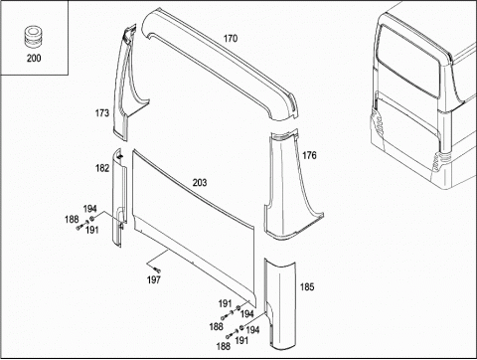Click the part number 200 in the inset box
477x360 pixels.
34,59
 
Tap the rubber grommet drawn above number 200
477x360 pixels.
33,38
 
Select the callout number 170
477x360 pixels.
231,39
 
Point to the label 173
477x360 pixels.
102,113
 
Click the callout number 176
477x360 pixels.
309,155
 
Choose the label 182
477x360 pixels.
102,168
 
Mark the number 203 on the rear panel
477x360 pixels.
200,183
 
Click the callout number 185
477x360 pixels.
307,287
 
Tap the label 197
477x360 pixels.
154,280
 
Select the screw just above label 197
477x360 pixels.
157,270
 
